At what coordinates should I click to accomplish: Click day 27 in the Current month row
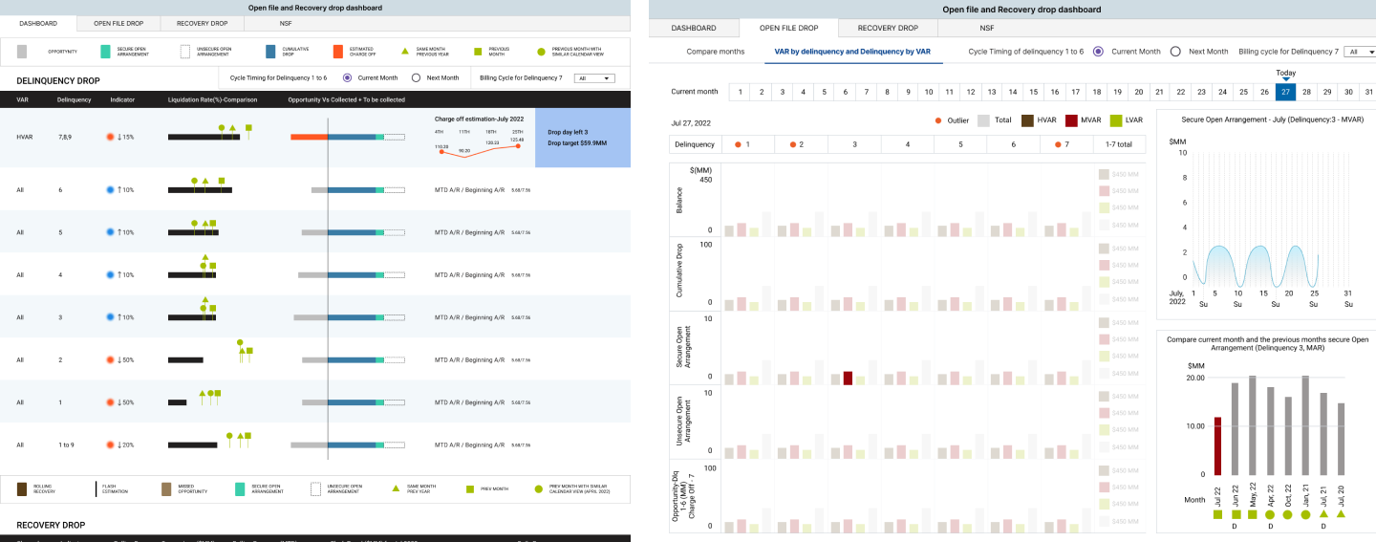[x=1285, y=92]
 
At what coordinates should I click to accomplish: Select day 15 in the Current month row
[x=1033, y=92]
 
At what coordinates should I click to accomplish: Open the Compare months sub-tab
[x=715, y=51]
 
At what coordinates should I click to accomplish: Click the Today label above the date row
[x=1285, y=73]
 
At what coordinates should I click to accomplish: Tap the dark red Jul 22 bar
[x=1217, y=445]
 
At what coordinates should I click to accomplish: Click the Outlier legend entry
[x=952, y=120]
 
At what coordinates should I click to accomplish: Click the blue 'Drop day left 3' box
[x=582, y=137]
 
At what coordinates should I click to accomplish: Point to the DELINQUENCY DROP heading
[x=58, y=81]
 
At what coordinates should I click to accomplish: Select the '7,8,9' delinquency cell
[x=66, y=137]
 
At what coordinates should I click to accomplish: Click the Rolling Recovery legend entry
[x=23, y=488]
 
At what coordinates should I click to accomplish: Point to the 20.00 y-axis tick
[x=1194, y=378]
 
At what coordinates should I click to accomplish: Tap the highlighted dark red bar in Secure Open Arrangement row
[x=848, y=378]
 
